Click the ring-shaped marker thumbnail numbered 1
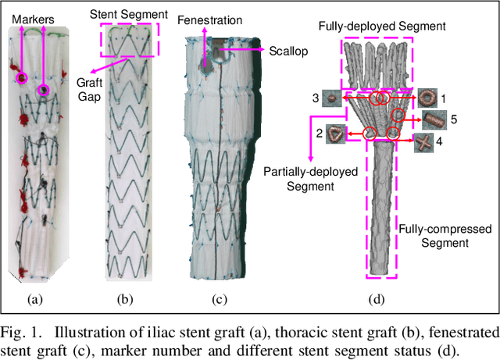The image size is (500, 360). (429, 98)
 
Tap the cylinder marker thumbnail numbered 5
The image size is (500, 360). (435, 119)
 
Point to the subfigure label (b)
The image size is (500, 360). (126, 299)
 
